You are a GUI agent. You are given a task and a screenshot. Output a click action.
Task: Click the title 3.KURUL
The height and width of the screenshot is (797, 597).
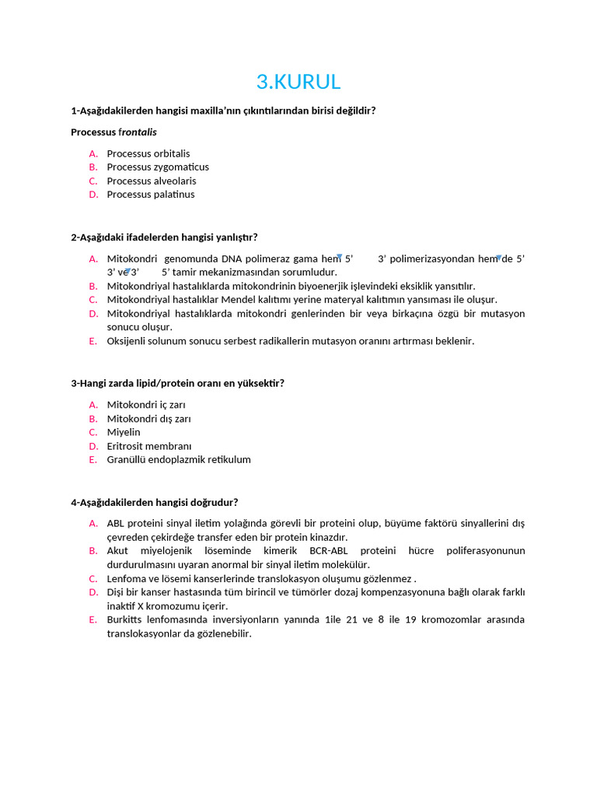coord(298,82)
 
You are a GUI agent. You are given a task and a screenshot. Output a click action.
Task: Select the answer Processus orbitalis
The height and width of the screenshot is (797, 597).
coord(148,153)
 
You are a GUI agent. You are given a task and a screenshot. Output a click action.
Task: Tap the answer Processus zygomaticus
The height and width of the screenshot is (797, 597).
coord(158,167)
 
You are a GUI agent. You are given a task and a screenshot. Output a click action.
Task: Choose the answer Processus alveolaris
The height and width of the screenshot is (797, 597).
coord(152,181)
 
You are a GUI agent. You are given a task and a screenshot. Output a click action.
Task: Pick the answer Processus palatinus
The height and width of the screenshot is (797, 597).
coord(151,195)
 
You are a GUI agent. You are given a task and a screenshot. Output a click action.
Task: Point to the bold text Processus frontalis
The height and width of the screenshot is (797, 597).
coord(113,132)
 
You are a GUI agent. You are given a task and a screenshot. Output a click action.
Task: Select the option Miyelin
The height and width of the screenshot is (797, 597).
coord(124,432)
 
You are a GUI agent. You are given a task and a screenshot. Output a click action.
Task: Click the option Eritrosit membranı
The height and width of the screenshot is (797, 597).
coord(148,446)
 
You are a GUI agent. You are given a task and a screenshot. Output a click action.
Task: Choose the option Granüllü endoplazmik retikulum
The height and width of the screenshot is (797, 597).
coord(179,459)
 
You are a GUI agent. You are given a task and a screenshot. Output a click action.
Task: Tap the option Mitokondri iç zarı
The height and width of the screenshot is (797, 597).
coord(146,405)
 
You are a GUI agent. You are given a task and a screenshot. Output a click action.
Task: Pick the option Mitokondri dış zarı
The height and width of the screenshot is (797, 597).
coord(148,419)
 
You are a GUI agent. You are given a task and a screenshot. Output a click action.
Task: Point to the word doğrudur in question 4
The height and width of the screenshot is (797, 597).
coord(214,502)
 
